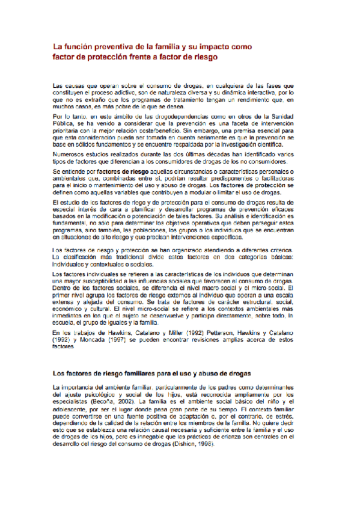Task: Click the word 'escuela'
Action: tap(64, 322)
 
